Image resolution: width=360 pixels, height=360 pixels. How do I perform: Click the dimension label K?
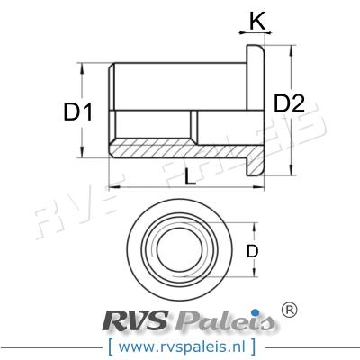(x=256, y=21)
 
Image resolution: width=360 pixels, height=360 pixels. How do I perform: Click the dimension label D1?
(x=78, y=112)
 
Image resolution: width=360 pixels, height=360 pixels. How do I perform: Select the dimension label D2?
(x=288, y=103)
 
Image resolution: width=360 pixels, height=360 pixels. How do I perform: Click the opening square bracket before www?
(x=109, y=345)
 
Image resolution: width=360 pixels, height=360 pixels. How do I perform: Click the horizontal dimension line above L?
(x=189, y=186)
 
